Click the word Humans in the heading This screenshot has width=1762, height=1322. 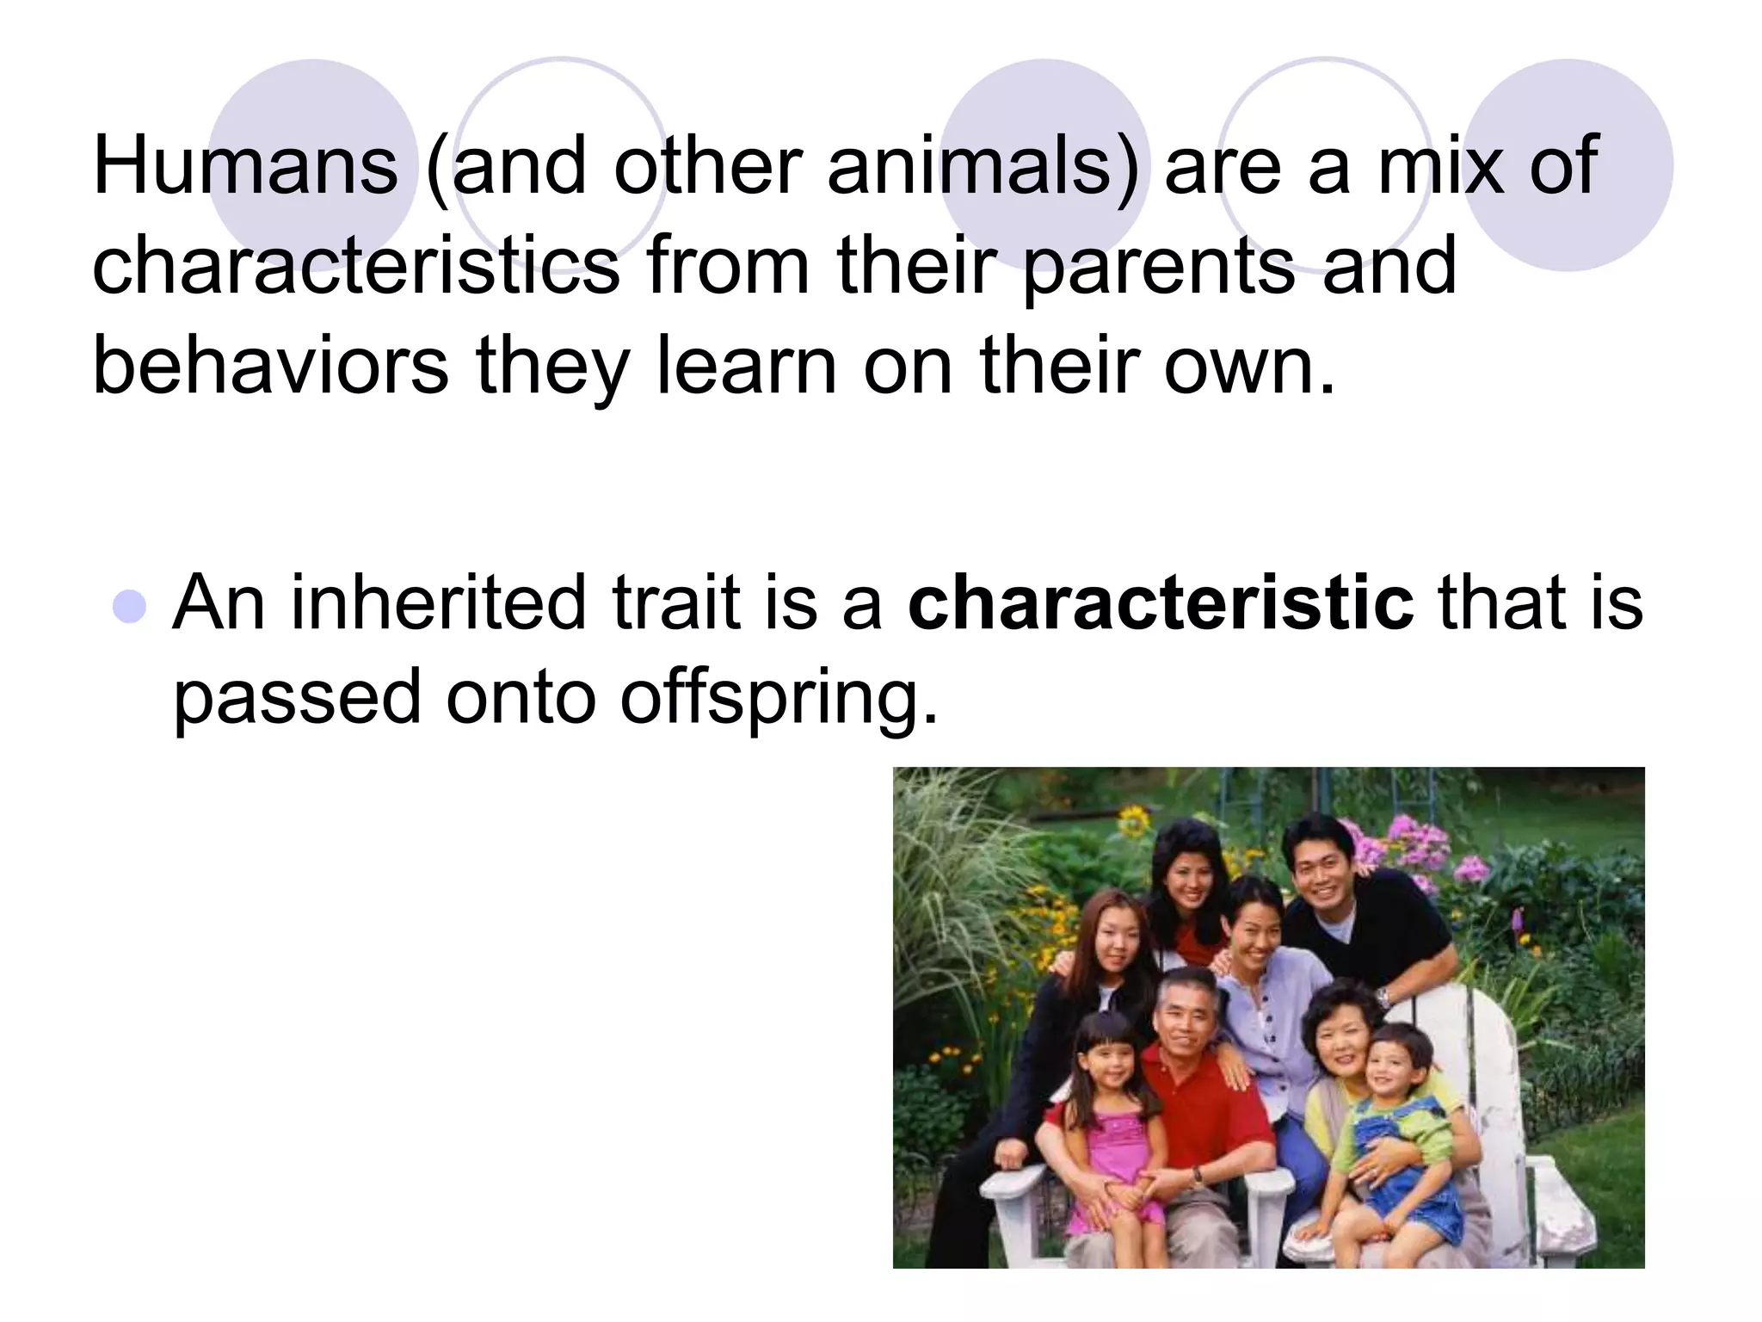pyautogui.click(x=245, y=165)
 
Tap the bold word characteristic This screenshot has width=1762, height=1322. pyautogui.click(x=1161, y=602)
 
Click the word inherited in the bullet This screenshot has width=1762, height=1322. pyautogui.click(x=439, y=602)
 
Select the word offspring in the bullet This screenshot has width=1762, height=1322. pyautogui.click(x=778, y=699)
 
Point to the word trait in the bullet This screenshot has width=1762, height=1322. pyautogui.click(x=676, y=602)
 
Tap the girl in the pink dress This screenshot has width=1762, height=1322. pyautogui.click(x=1110, y=1119)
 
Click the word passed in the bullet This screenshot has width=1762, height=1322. pyautogui.click(x=298, y=699)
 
